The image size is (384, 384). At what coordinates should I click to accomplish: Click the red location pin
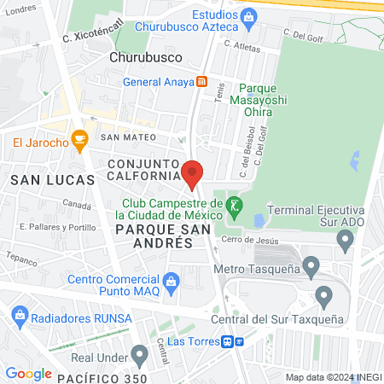tap(192, 174)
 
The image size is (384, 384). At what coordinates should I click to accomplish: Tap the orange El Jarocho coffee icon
tap(79, 137)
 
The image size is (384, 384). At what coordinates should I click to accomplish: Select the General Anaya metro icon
tap(201, 83)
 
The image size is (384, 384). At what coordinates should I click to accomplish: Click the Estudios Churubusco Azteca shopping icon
tap(249, 15)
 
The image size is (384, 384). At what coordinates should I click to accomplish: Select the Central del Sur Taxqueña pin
tap(323, 297)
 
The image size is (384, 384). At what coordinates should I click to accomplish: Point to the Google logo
tap(28, 374)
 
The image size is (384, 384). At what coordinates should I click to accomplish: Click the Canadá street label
tap(76, 205)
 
